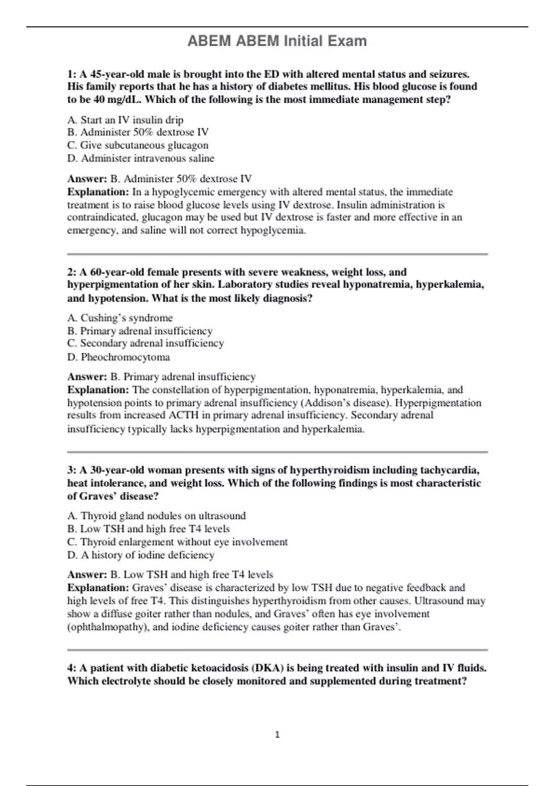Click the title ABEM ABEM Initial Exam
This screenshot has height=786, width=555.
point(277,41)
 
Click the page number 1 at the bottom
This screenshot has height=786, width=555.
point(277,735)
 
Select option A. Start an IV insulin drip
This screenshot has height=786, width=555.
point(125,120)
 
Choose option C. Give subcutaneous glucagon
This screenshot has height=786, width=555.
point(138,145)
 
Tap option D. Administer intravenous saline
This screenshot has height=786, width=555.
point(141,158)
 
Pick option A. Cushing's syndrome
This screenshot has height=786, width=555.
point(120,318)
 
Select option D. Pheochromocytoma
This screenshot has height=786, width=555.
point(118,357)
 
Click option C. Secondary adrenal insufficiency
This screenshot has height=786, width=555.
point(145,343)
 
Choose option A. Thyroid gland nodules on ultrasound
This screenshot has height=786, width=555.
point(156,516)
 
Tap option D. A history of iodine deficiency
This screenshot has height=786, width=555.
point(141,555)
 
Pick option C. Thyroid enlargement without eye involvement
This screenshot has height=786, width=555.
point(177,542)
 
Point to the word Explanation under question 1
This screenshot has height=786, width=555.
point(98,192)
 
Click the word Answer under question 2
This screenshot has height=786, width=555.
point(87,377)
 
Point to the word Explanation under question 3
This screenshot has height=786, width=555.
point(98,588)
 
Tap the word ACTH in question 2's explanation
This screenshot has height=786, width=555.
point(183,415)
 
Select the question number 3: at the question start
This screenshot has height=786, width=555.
point(72,470)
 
